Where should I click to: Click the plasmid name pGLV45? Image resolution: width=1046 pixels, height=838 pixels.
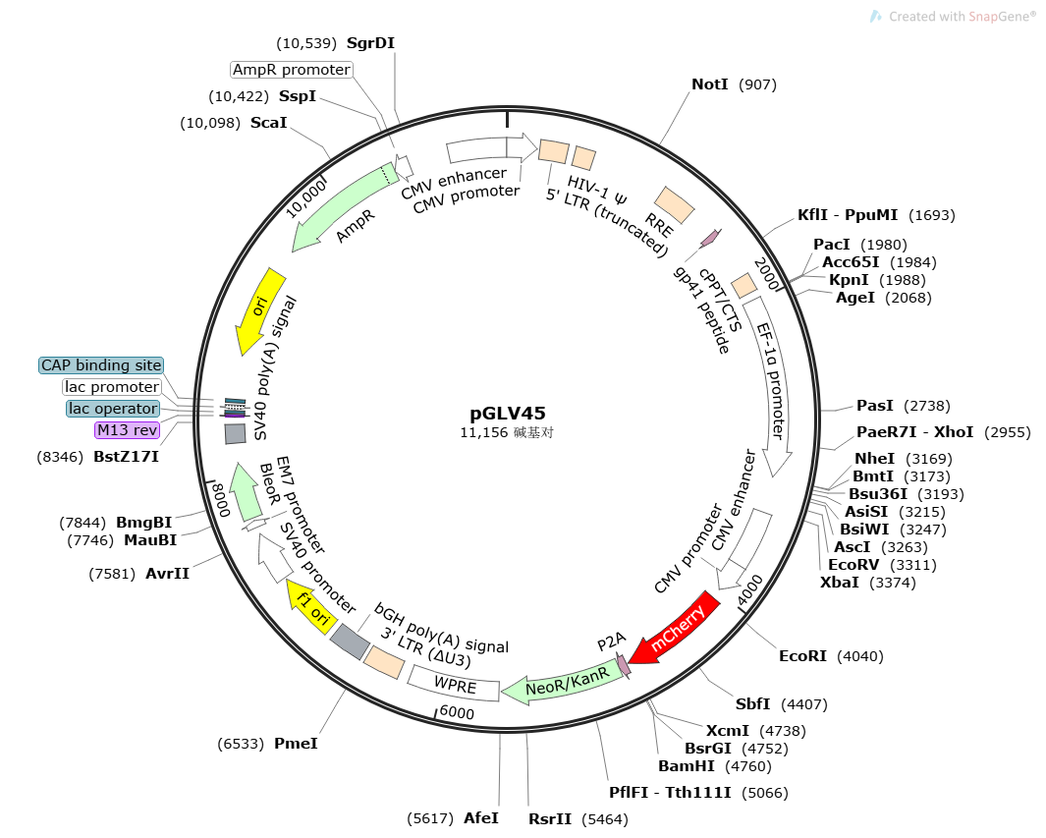pyautogui.click(x=508, y=414)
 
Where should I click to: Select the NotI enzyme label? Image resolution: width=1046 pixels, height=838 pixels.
pyautogui.click(x=710, y=84)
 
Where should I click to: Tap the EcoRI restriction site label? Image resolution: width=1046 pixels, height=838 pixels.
pyautogui.click(x=802, y=656)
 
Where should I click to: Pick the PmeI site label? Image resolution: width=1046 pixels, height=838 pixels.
pyautogui.click(x=296, y=744)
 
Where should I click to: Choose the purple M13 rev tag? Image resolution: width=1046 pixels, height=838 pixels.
pyautogui.click(x=126, y=430)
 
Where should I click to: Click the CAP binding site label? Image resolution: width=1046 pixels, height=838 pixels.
pyautogui.click(x=101, y=365)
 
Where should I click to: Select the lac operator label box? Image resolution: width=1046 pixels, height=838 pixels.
pyautogui.click(x=112, y=409)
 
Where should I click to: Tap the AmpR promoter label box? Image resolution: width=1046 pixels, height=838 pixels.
pyautogui.click(x=291, y=70)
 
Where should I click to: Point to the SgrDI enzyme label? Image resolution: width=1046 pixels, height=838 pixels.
pyautogui.click(x=370, y=43)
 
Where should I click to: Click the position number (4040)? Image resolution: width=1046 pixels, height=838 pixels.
pyautogui.click(x=859, y=656)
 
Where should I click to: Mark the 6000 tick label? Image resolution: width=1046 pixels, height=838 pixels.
pyautogui.click(x=457, y=712)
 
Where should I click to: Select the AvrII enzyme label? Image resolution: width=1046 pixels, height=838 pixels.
pyautogui.click(x=167, y=574)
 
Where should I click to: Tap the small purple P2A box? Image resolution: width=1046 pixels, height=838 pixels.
pyautogui.click(x=623, y=666)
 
